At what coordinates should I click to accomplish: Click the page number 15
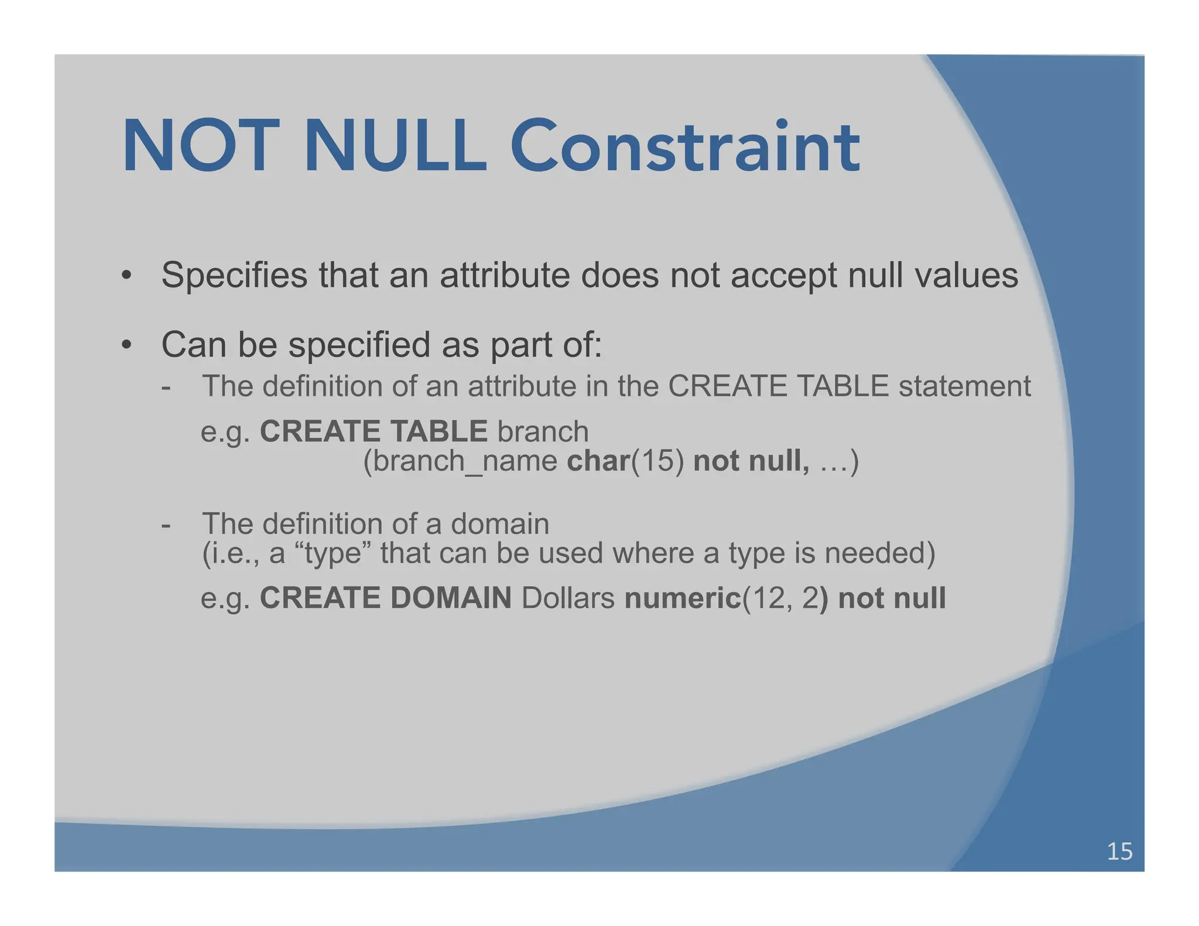pyautogui.click(x=1119, y=851)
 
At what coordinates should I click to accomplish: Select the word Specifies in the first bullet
pyautogui.click(x=234, y=275)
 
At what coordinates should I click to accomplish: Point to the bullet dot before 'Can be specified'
pyautogui.click(x=126, y=345)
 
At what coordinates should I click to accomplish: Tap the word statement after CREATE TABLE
pyautogui.click(x=965, y=387)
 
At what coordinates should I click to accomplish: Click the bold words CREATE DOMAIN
pyautogui.click(x=385, y=598)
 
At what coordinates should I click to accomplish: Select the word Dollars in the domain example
pyautogui.click(x=568, y=598)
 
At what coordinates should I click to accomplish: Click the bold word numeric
pyautogui.click(x=683, y=598)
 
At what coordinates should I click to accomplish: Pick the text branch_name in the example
pyautogui.click(x=465, y=461)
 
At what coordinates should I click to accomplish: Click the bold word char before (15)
pyautogui.click(x=598, y=461)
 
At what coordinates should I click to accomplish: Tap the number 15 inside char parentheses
pyautogui.click(x=657, y=461)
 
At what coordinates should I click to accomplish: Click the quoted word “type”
pyautogui.click(x=338, y=553)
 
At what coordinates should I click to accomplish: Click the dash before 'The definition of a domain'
pyautogui.click(x=166, y=525)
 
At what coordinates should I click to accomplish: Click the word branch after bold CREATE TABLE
pyautogui.click(x=543, y=432)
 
